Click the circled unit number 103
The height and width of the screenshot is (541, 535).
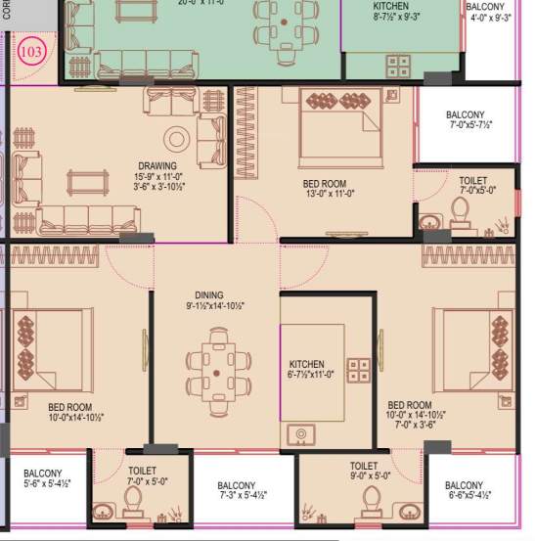(x=31, y=52)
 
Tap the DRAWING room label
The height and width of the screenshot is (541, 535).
(x=157, y=166)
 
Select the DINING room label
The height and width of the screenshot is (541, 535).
(x=208, y=294)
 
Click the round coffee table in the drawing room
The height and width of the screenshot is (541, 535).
(x=177, y=138)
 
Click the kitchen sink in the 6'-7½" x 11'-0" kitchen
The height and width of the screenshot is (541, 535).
(x=300, y=433)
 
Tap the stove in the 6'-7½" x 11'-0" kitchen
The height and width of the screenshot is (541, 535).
(x=359, y=370)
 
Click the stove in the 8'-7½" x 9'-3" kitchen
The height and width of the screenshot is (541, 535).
(x=397, y=66)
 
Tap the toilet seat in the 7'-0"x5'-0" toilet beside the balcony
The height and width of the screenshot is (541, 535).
(x=460, y=211)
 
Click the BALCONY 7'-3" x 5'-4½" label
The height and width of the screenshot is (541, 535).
(x=237, y=486)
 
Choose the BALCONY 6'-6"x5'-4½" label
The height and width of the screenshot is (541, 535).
(x=464, y=486)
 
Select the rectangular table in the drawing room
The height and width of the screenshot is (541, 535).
(x=88, y=181)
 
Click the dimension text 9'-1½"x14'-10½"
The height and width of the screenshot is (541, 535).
(x=209, y=306)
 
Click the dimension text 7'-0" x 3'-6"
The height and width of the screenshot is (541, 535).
(x=410, y=426)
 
